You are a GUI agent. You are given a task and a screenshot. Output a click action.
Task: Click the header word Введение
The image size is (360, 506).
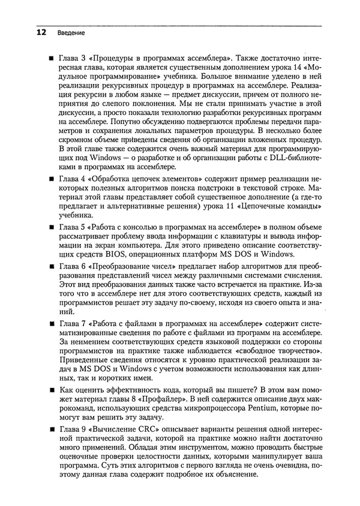coord(71,32)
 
